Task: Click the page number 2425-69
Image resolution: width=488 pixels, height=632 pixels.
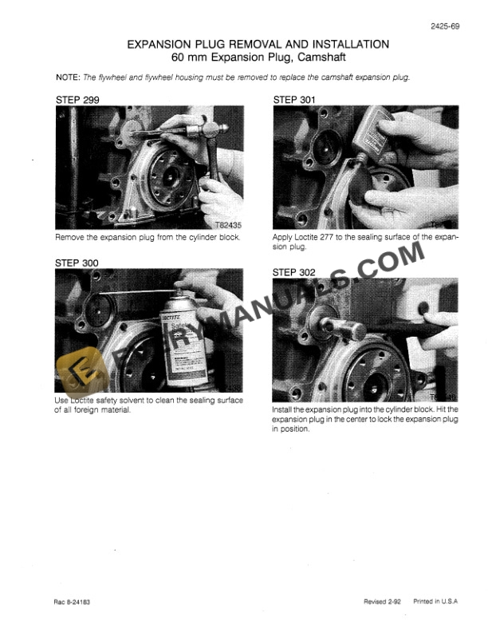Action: point(446,28)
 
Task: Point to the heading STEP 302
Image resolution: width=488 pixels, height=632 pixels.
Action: point(294,272)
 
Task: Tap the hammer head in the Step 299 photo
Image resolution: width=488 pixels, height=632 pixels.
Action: point(212,127)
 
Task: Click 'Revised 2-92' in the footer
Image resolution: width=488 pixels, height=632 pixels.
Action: point(380,602)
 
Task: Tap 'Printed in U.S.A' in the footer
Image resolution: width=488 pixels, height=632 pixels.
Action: point(435,602)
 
